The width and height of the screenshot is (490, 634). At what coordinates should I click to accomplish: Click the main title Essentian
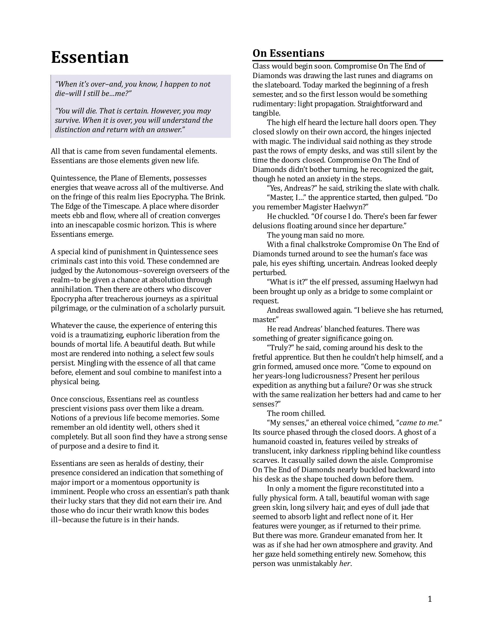click(x=90, y=57)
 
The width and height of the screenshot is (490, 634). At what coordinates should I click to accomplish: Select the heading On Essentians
click(x=288, y=53)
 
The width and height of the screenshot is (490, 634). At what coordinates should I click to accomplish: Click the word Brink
click(x=214, y=197)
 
